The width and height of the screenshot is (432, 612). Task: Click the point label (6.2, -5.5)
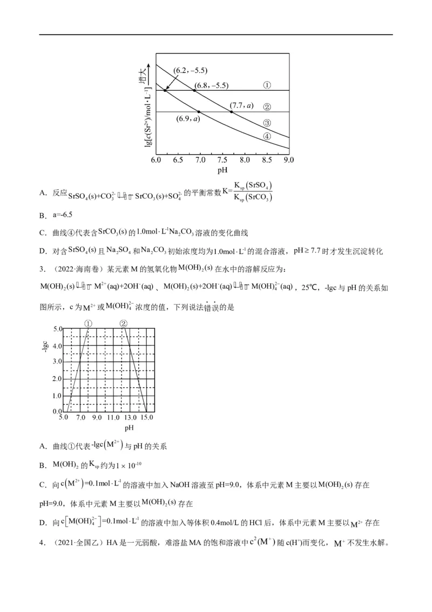[190, 71]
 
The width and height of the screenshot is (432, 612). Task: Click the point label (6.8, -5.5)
[211, 85]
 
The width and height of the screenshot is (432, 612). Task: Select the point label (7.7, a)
[241, 105]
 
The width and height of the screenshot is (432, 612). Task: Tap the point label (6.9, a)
[188, 118]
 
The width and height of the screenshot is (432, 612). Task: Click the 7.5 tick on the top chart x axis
[222, 161]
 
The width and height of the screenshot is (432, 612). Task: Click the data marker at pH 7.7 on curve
[231, 112]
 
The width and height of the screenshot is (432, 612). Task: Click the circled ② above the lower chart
[123, 323]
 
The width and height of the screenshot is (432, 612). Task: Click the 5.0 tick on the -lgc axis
[57, 328]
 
